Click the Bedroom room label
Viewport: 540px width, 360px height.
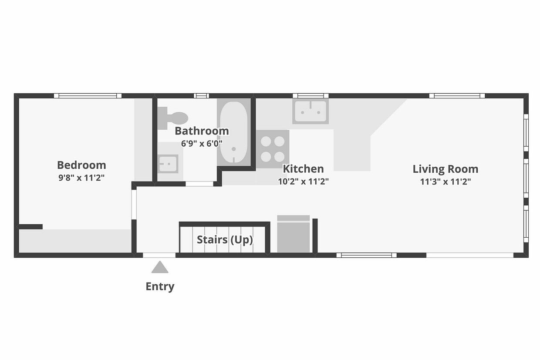coord(81,165)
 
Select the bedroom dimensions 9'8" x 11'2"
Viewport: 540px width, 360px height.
coord(81,178)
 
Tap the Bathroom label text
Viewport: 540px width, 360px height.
coord(202,131)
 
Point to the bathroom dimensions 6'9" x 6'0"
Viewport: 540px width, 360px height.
coord(202,143)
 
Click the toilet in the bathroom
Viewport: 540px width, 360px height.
coord(173,118)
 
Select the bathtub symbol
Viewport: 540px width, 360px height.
coord(234,132)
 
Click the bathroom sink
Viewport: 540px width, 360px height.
coord(168,164)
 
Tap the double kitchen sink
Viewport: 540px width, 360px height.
coord(310,111)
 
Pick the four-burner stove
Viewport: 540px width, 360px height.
coord(273,149)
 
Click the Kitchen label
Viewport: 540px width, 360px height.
coord(303,169)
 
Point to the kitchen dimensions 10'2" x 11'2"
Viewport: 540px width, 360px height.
coord(303,181)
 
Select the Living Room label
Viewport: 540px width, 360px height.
coord(445,169)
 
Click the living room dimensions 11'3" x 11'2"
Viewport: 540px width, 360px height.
coord(445,181)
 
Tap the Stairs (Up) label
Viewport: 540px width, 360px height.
coord(225,240)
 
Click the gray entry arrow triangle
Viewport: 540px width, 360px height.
coord(160,267)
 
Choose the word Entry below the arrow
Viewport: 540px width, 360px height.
coord(160,286)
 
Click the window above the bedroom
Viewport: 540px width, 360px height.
coord(88,96)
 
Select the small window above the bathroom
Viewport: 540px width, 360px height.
coord(201,96)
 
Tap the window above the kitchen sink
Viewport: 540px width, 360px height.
coord(310,96)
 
